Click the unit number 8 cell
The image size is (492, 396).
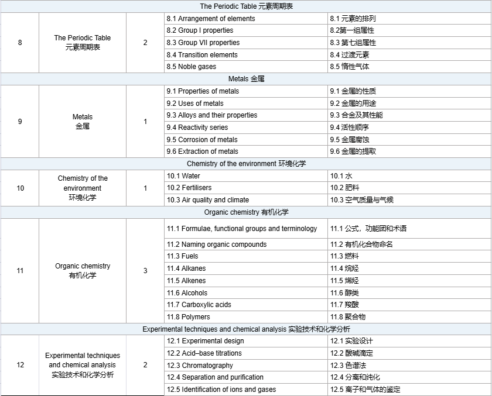(20, 43)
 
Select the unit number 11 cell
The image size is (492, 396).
(20, 271)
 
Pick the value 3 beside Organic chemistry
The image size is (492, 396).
(145, 271)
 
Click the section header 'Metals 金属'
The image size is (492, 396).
(246, 79)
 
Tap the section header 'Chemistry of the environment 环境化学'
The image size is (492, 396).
(246, 164)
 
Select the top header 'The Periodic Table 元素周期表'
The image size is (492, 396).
(246, 6)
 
